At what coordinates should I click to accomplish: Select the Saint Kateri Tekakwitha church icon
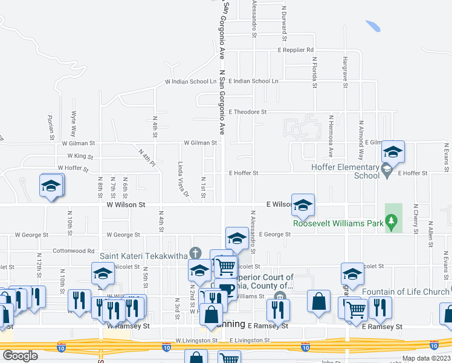195,252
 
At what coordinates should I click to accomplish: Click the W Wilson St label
126,205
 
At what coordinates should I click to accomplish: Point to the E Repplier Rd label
295,50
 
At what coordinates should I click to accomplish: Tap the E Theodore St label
248,112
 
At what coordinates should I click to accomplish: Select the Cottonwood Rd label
74,250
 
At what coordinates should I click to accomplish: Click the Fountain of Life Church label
405,292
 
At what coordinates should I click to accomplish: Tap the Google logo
20,356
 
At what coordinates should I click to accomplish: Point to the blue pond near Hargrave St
373,27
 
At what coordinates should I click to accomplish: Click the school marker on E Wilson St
303,204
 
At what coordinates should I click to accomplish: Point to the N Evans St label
446,155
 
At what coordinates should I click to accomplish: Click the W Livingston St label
196,341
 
